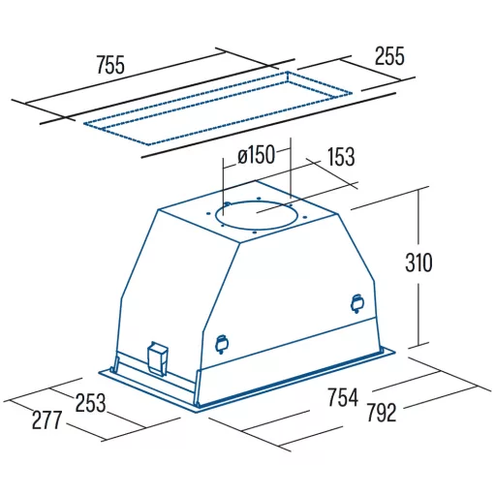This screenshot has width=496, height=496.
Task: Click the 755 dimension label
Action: tap(110, 65)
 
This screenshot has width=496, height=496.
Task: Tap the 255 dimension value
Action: tap(389, 56)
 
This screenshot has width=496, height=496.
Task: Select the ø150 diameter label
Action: tap(256, 155)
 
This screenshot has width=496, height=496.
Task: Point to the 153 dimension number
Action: tap(341, 157)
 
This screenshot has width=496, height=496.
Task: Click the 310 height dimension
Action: tap(418, 263)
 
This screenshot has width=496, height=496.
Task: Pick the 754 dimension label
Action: tap(343, 397)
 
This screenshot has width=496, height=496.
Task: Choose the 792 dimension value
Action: tap(382, 413)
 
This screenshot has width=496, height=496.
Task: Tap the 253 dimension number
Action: tap(90, 403)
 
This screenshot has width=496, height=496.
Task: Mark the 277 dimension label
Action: tap(46, 419)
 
